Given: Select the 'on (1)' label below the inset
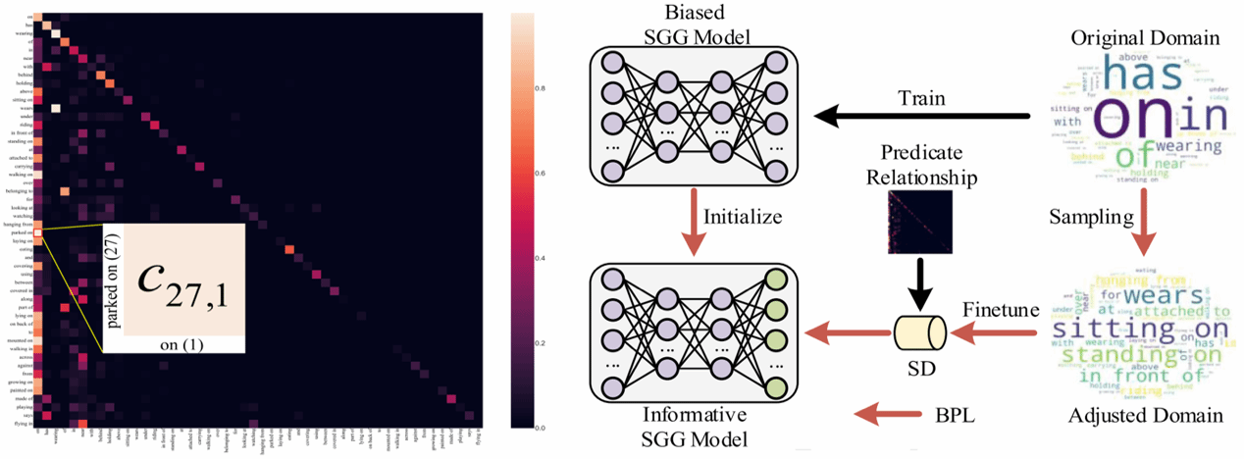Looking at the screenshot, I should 173,345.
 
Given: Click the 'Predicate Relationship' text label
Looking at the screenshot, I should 920,166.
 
